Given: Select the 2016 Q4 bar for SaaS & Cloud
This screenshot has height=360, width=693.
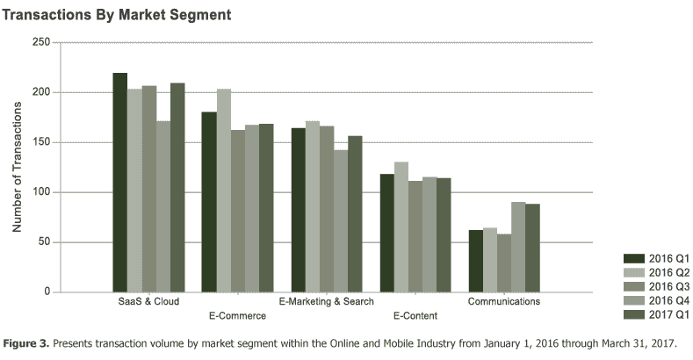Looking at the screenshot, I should (162, 219).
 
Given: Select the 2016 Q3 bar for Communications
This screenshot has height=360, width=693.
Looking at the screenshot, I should (504, 263).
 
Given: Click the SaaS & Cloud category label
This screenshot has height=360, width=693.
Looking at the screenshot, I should (148, 301).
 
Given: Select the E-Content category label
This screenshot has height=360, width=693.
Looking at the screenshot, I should (415, 314).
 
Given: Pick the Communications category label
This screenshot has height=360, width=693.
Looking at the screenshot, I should (504, 301).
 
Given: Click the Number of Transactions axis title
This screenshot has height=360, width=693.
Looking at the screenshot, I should (16, 167).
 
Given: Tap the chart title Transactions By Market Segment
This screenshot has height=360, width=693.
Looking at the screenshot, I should (117, 15).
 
